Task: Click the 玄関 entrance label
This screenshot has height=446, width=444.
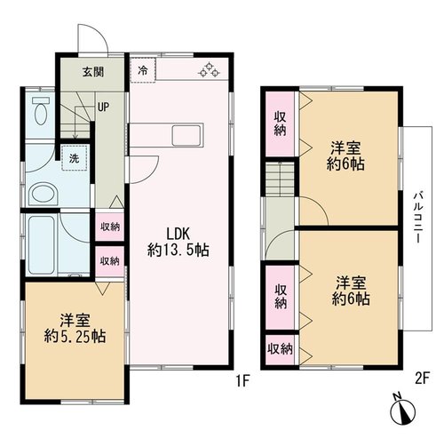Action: tap(93, 72)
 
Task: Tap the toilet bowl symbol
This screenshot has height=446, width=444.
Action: tap(41, 111)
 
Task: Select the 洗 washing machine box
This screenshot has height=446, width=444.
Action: tap(74, 158)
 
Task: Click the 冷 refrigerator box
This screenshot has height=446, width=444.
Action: tap(143, 70)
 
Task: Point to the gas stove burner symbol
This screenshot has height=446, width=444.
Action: tap(210, 70)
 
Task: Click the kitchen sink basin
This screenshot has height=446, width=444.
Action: tap(186, 135)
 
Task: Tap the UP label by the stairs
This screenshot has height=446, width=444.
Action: tap(103, 107)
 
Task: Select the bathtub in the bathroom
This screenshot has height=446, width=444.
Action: tap(42, 245)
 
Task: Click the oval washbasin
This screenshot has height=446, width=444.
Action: tap(44, 195)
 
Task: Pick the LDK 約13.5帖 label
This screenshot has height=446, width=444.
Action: tap(178, 242)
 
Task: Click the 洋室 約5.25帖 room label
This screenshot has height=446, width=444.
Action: tap(75, 328)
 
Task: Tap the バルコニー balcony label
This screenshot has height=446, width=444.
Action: tap(417, 217)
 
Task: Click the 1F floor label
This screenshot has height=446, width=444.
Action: tap(243, 380)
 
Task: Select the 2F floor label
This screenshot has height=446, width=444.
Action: tap(422, 378)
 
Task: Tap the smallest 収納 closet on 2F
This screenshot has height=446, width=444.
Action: tap(280, 349)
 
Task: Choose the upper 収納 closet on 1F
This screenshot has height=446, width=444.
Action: tap(110, 227)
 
